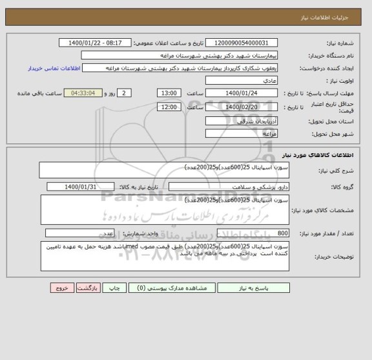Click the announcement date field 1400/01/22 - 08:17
(x=98, y=43)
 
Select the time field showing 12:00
(x=169, y=107)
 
